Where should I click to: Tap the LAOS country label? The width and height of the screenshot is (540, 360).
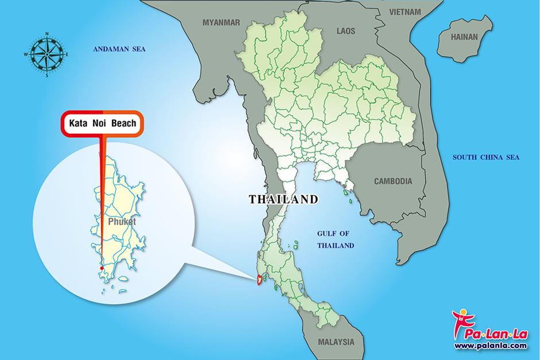pyautogui.click(x=346, y=30)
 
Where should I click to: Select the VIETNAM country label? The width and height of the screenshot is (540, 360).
pyautogui.click(x=405, y=11)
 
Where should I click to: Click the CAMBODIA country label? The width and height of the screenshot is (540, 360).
pyautogui.click(x=393, y=181)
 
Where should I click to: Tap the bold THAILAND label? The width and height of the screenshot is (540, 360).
pyautogui.click(x=283, y=199)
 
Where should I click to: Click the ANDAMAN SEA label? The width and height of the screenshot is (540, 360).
pyautogui.click(x=119, y=50)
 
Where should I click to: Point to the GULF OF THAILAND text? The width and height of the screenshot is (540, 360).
pyautogui.click(x=335, y=239)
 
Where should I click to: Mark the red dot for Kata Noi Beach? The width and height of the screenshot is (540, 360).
pyautogui.click(x=101, y=268)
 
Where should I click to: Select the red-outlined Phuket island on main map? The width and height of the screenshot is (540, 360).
pyautogui.click(x=260, y=280)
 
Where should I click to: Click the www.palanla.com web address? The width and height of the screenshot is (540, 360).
pyautogui.click(x=490, y=346)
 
